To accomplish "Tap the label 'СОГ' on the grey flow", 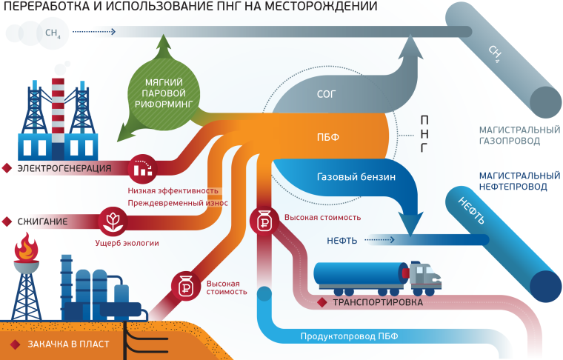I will (x=327, y=95).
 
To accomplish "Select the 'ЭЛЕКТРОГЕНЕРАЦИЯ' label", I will (x=64, y=168).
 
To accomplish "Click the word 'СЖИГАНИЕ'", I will (x=44, y=221).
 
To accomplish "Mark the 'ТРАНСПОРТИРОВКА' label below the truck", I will (x=378, y=302).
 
